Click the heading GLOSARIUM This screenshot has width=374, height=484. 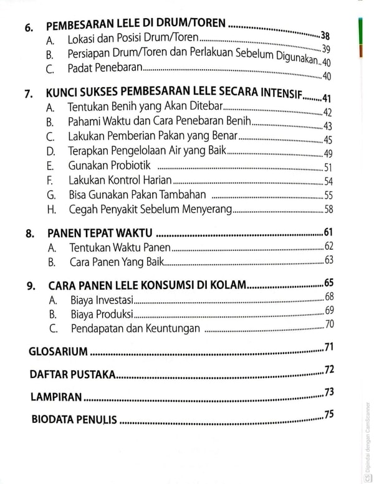58,351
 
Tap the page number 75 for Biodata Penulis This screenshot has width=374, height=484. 328,415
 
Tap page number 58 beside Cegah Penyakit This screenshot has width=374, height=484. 328,209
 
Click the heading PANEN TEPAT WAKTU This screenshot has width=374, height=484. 100,234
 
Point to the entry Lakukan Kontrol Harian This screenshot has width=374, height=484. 122,181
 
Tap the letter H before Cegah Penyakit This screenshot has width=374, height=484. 50,210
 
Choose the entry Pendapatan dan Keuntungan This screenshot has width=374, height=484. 135,328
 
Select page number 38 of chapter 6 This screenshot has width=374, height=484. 325,36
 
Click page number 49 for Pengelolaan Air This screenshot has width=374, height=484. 328,153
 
